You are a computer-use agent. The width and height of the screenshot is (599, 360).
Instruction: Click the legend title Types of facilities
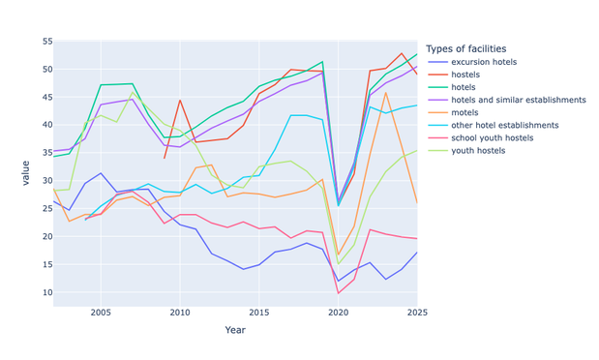466,49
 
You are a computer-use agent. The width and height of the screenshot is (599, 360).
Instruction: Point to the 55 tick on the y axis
47,42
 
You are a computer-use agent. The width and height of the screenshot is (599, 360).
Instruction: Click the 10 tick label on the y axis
47,292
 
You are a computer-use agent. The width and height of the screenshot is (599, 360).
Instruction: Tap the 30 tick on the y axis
47,181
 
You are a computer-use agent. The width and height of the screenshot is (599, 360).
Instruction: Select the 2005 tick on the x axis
101,313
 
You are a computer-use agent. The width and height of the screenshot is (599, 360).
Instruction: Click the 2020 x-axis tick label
338,313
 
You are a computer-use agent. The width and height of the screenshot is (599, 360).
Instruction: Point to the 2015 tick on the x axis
259,313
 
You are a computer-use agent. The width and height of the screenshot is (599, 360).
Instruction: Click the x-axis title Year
235,330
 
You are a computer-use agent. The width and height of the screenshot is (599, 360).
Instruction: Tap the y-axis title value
25,173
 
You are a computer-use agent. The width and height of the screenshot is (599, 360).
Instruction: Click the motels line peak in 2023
385,93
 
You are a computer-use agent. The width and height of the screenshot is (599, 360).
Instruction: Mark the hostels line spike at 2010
180,100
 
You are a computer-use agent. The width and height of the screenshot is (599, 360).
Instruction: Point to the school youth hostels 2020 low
338,293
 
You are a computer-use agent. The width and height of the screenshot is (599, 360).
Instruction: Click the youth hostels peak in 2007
133,92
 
